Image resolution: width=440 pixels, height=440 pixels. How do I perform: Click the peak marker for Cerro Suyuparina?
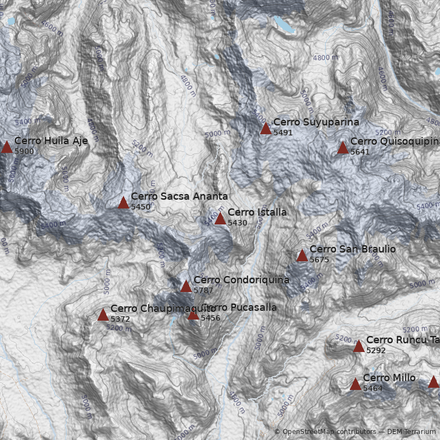click(266, 129)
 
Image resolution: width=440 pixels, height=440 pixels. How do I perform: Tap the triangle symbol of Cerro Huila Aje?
click(7, 147)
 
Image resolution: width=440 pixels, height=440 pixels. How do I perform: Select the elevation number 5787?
click(203, 290)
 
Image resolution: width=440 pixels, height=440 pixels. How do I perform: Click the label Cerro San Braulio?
click(352, 249)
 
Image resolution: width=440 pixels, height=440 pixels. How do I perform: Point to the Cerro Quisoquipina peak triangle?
click(343, 147)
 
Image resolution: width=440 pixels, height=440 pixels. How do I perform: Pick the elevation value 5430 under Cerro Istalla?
click(237, 223)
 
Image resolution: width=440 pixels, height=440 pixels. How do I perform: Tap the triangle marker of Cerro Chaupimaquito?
click(103, 315)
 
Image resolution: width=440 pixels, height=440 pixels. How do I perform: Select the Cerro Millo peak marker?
click(355, 384)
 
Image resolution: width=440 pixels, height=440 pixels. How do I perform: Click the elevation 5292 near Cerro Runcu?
click(376, 350)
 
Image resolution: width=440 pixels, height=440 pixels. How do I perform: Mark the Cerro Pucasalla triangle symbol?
click(193, 315)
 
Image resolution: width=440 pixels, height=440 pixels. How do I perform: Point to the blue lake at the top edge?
click(283, 24)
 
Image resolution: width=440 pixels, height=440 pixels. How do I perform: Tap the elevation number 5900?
click(24, 151)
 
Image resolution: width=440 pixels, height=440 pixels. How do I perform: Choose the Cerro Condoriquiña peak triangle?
click(186, 286)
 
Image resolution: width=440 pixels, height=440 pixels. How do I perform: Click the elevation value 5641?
click(360, 152)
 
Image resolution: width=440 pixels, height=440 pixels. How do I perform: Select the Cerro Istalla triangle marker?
click(220, 219)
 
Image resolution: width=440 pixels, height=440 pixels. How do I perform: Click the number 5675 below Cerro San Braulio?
click(319, 260)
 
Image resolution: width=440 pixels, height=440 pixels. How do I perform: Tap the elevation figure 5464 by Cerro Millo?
click(372, 388)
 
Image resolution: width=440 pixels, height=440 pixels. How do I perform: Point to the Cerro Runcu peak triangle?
click(359, 346)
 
